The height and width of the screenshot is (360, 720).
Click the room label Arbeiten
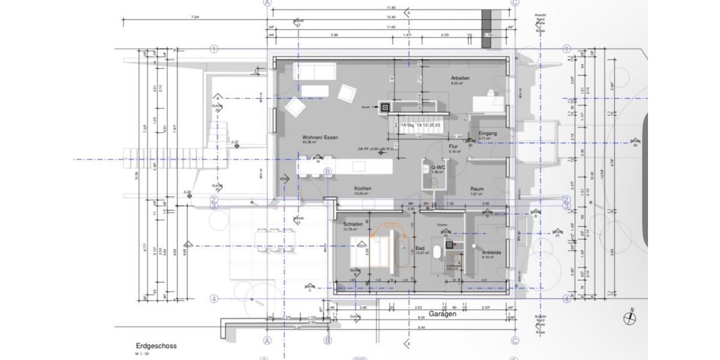click(x=460, y=79)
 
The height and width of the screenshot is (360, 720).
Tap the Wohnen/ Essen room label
click(x=320, y=137)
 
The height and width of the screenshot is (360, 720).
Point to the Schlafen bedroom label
click(x=353, y=224)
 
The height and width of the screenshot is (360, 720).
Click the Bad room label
click(x=420, y=248)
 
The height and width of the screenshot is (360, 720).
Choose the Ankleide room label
click(x=491, y=253)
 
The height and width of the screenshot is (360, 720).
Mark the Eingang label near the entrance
click(x=487, y=133)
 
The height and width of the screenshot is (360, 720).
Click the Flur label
click(x=454, y=146)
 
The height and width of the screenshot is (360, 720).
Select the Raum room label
click(x=477, y=189)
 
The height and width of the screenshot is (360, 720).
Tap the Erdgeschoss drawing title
click(x=156, y=346)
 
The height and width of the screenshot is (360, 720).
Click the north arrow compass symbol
click(x=630, y=319)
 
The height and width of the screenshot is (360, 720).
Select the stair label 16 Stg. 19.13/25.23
click(x=421, y=125)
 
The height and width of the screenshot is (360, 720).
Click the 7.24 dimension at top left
click(x=195, y=17)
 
